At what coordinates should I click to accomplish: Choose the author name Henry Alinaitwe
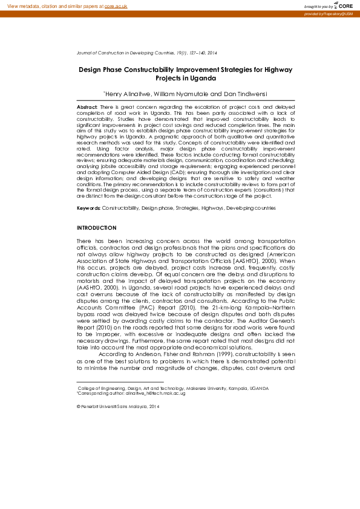[x=129, y=94]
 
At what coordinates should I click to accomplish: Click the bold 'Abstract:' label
[x=87, y=106]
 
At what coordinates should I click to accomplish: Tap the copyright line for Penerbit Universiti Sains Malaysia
[x=117, y=407]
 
